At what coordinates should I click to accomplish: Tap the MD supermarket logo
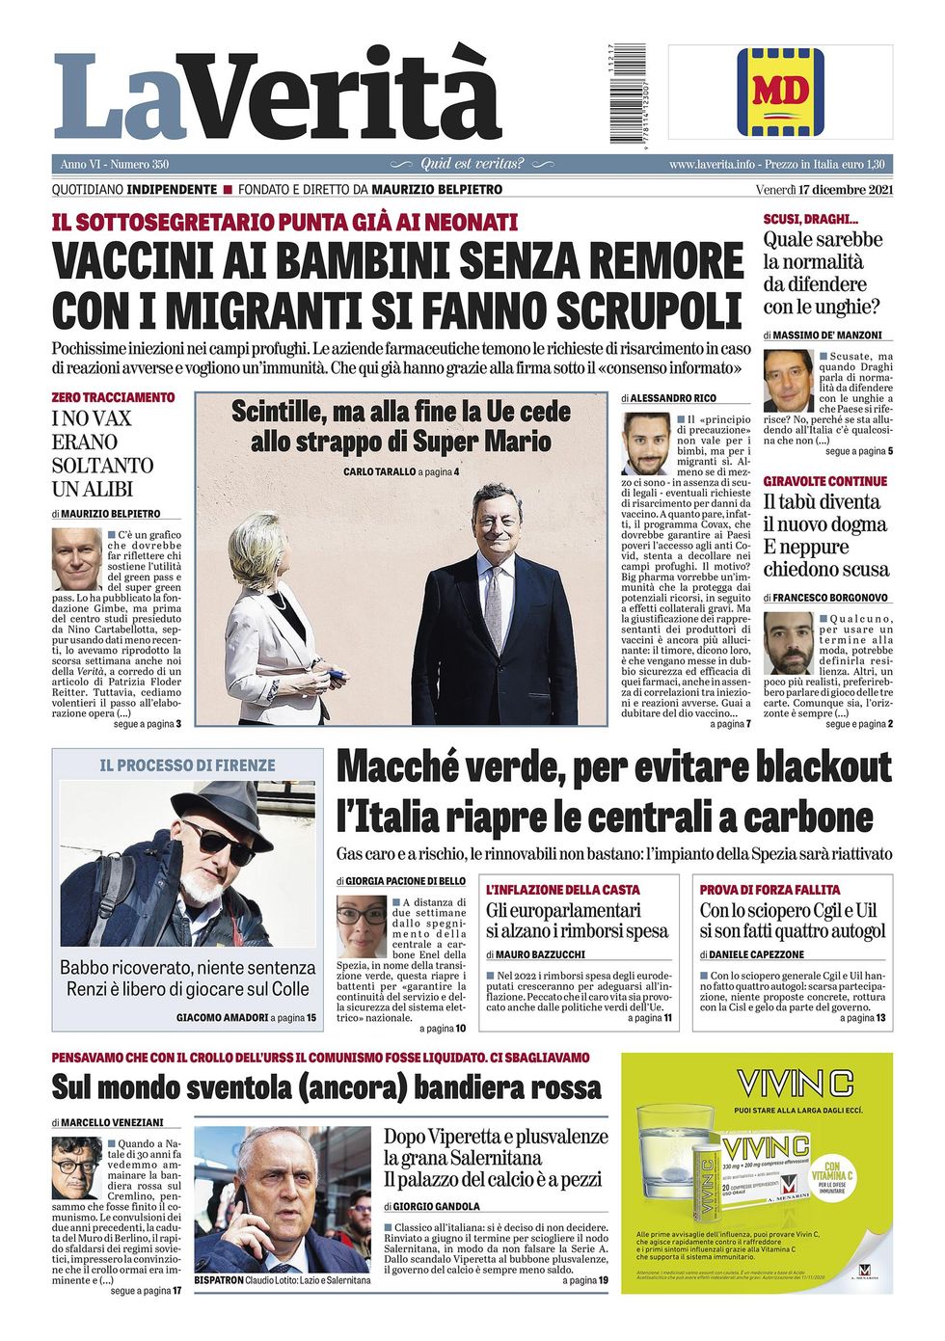tap(780, 92)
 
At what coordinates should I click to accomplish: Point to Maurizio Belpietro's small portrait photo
tap(76, 559)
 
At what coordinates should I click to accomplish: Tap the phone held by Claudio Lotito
tap(245, 1201)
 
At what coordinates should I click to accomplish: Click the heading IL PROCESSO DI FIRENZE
tap(187, 765)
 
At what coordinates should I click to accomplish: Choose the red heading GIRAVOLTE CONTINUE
tap(824, 481)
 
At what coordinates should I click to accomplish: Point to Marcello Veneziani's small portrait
tap(76, 1167)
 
